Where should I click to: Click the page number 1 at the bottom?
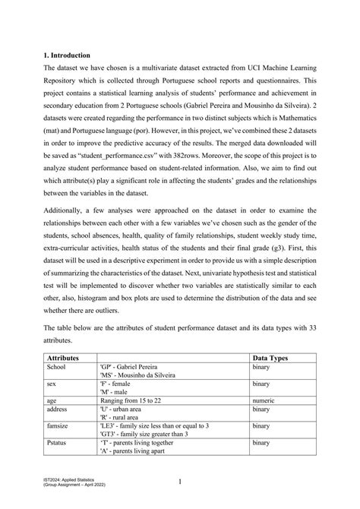tap(180, 481)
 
